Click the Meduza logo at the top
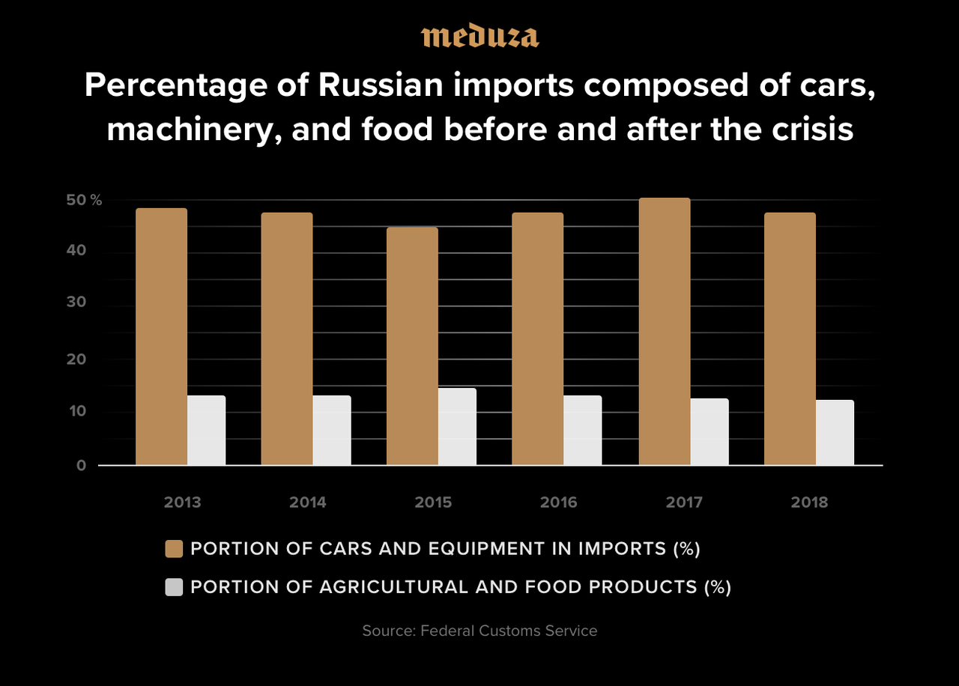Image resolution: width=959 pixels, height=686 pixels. pos(479,36)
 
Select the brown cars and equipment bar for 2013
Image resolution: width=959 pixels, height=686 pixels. pos(161,336)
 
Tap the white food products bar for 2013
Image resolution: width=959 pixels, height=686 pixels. pos(206,430)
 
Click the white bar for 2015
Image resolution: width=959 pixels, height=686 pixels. pos(457,426)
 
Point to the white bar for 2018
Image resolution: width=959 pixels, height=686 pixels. pos(835,432)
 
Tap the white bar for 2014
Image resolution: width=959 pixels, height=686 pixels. pos(331,430)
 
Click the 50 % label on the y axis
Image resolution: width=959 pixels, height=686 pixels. pos(84,200)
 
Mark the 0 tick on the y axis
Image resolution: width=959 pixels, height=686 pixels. pos(82,465)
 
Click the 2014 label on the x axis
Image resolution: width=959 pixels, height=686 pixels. pos(308,502)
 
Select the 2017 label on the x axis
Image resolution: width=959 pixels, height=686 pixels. pos(684,502)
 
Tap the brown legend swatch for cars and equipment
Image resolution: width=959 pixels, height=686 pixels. pos(174,549)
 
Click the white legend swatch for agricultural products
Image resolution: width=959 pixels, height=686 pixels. pos(174,587)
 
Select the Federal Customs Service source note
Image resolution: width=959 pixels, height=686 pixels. pos(479,631)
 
